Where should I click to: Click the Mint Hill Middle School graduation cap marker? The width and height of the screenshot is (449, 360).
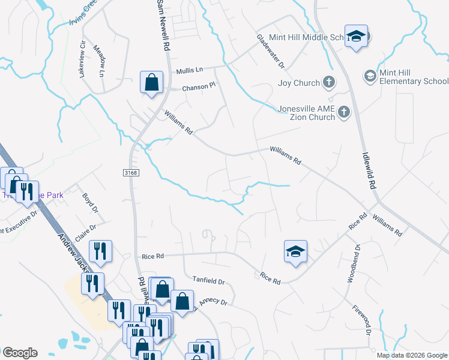(356, 37)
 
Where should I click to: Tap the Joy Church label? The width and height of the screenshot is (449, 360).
(298, 83)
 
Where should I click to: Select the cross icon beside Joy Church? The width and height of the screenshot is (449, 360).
(328, 82)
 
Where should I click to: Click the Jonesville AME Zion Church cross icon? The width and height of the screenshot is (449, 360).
(343, 112)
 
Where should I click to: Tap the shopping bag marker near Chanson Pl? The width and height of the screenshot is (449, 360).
(152, 82)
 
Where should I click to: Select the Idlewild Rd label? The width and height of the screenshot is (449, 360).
(369, 170)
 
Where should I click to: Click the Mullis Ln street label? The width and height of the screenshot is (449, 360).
(190, 71)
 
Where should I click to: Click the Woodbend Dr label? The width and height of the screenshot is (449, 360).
(354, 263)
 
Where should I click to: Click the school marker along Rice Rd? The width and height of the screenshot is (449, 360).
(295, 251)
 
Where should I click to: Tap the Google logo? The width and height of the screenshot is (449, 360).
(20, 353)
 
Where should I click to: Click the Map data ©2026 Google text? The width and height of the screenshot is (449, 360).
(411, 355)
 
